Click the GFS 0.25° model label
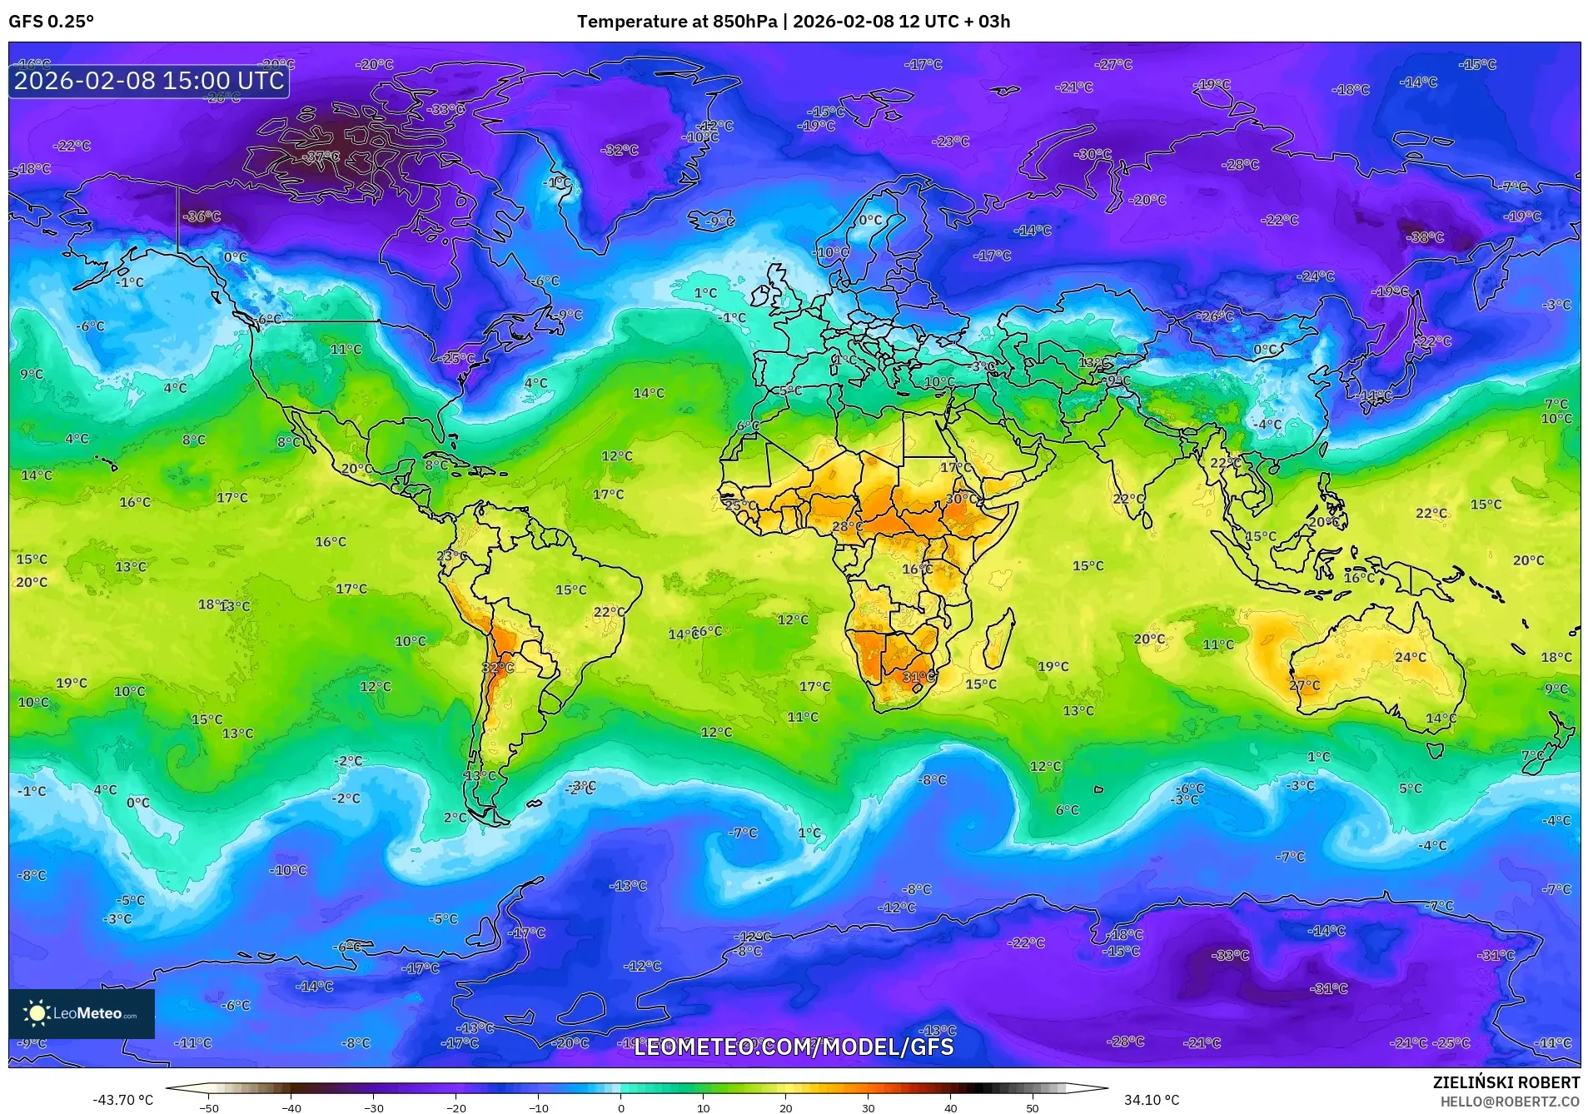click(x=51, y=22)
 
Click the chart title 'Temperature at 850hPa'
click(x=676, y=22)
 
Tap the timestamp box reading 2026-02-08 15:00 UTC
click(x=149, y=81)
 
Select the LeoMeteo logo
click(x=81, y=1013)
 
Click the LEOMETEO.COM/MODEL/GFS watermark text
click(x=794, y=1047)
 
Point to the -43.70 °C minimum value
click(x=123, y=1100)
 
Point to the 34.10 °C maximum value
click(x=1152, y=1100)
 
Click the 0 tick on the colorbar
click(x=620, y=1108)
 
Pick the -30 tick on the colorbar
click(x=374, y=1108)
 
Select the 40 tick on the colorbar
click(x=950, y=1108)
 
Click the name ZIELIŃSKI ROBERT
click(x=1506, y=1082)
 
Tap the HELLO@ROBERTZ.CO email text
click(x=1510, y=1102)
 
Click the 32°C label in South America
click(x=498, y=668)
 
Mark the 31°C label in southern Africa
click(x=919, y=677)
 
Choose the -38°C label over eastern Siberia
click(x=1425, y=237)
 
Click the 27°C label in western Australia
click(x=1304, y=685)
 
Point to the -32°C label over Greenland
click(x=620, y=150)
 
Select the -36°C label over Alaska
click(x=202, y=216)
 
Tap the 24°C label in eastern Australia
click(x=1410, y=657)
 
